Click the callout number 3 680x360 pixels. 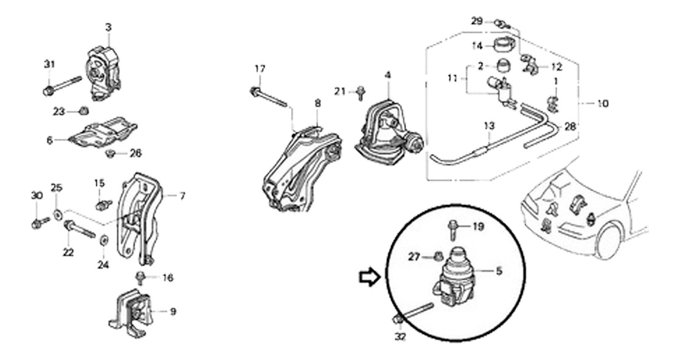[108, 28]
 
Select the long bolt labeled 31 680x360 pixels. [62, 86]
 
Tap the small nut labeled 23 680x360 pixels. [83, 112]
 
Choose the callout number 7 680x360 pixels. [182, 196]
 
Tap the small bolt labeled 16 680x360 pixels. [140, 278]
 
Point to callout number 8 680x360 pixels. [318, 104]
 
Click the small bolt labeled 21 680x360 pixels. [360, 93]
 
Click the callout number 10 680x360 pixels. [602, 104]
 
